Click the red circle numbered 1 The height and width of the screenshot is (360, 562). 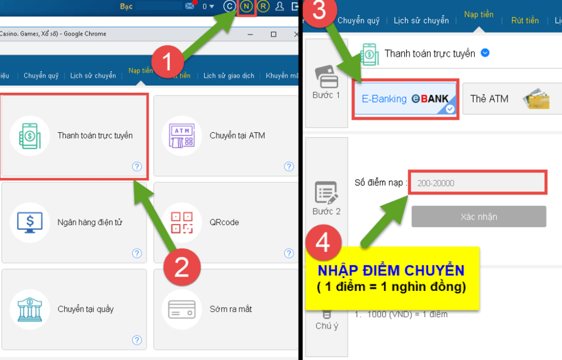point(168,61)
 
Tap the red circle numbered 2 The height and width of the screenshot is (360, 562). point(182,267)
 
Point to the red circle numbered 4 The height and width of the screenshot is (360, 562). point(324,243)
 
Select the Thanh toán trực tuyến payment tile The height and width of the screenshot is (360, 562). point(74,136)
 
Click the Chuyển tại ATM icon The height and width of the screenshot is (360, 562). point(182,136)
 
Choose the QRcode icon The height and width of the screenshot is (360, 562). point(182,222)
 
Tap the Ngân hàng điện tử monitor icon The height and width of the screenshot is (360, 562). point(30,222)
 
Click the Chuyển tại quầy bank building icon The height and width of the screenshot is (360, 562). point(30,309)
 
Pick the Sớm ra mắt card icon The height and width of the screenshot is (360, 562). point(182,309)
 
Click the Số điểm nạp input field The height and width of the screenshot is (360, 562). point(477,183)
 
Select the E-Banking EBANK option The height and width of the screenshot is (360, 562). point(405,99)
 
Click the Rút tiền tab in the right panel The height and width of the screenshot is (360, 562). point(525,20)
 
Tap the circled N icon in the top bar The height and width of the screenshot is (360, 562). point(246,7)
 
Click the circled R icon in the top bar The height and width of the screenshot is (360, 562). point(263,7)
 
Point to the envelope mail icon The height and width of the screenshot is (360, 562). point(189,5)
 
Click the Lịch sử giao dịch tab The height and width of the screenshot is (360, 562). point(229,76)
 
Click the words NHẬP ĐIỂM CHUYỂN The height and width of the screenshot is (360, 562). point(391,271)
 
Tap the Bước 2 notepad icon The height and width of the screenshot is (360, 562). point(326,193)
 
